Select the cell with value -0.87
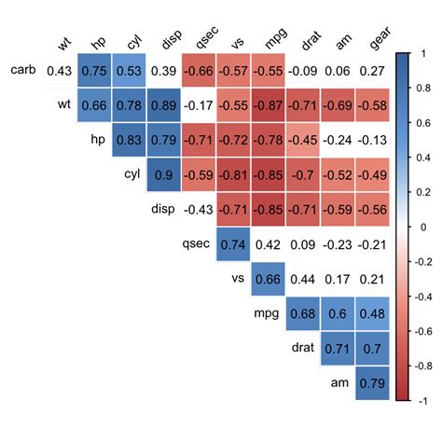point(269,104)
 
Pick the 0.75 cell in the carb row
point(94,70)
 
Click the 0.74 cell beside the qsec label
point(234,244)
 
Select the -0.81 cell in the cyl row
point(234,174)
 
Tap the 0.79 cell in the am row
point(372,382)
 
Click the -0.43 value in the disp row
point(199,209)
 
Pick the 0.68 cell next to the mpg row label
point(303,313)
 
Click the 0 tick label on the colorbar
point(421,227)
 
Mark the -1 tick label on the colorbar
point(422,400)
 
